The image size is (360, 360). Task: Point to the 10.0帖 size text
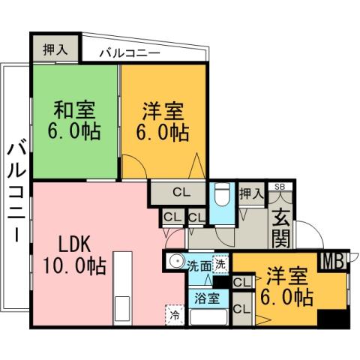click(73, 265)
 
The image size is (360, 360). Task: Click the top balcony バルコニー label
click(130, 54)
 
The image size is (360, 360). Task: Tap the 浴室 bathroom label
click(207, 298)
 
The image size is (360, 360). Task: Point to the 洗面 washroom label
click(198, 265)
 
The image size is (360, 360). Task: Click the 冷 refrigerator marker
click(173, 315)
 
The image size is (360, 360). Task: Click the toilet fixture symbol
click(222, 197)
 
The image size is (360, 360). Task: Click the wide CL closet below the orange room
click(180, 192)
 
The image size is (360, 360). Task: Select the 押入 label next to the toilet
click(250, 193)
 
